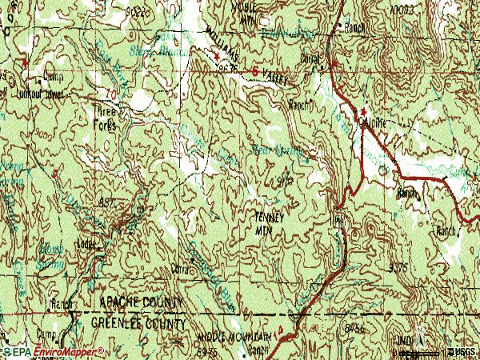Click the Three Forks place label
[107, 120]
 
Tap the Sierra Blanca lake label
[173, 51]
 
